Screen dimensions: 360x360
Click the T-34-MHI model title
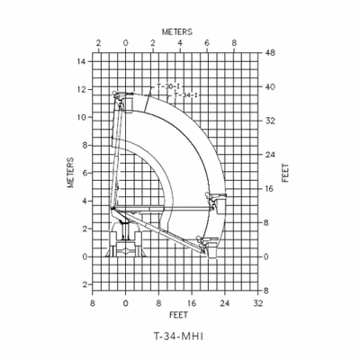(x=178, y=337)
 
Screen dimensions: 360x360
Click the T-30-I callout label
(x=168, y=86)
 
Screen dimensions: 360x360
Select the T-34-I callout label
(x=186, y=95)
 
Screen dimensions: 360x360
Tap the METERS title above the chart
(x=177, y=31)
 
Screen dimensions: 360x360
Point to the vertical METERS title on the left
(x=70, y=173)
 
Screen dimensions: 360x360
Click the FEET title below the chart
(x=178, y=315)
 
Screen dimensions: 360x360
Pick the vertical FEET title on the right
(x=285, y=173)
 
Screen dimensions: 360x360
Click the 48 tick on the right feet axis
(x=270, y=53)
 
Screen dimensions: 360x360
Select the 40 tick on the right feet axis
(x=270, y=87)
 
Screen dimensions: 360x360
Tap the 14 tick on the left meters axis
(x=82, y=61)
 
